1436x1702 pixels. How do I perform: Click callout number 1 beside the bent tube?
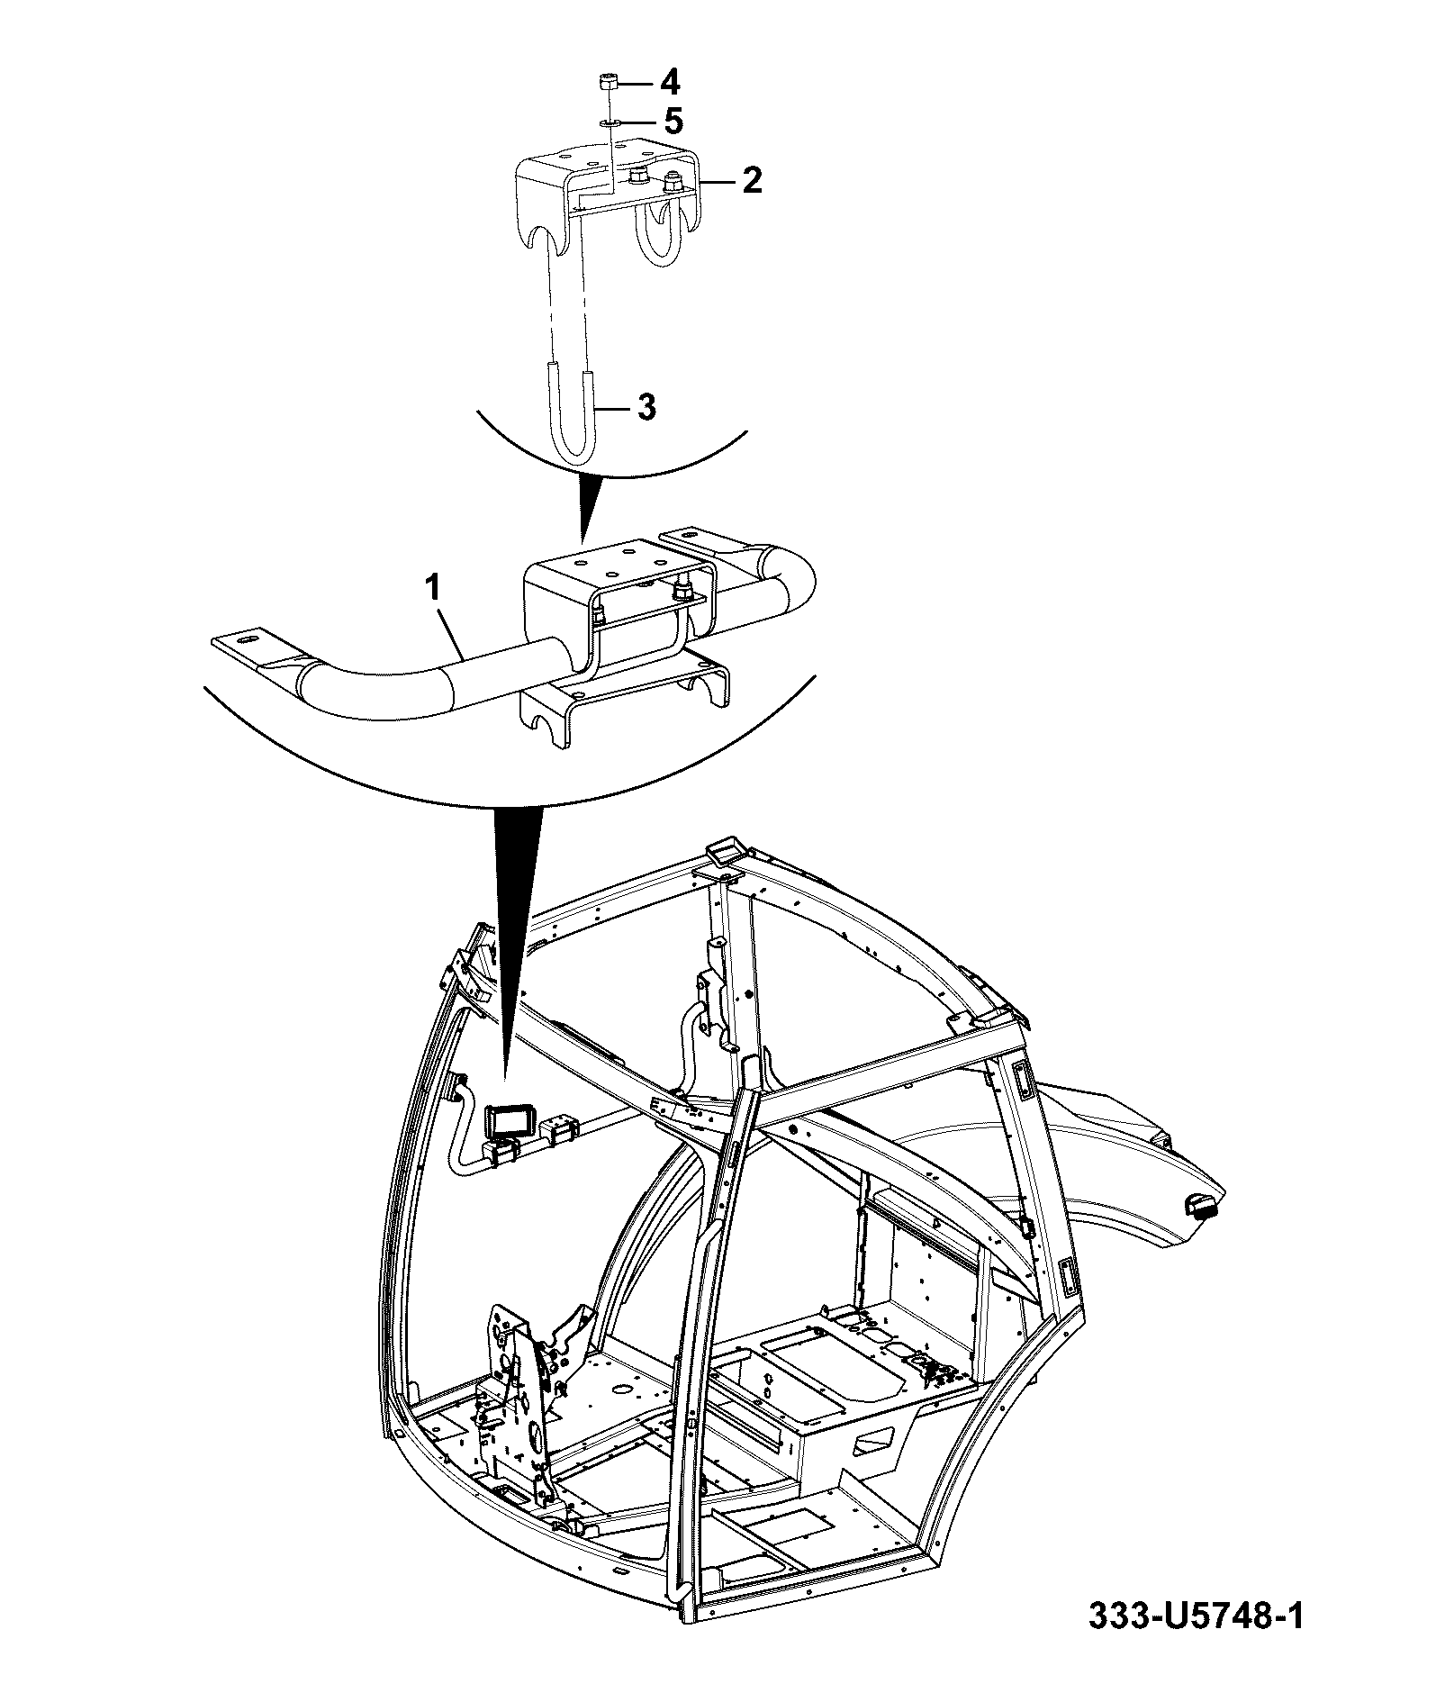(x=433, y=589)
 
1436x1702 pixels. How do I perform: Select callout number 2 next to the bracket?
(x=751, y=180)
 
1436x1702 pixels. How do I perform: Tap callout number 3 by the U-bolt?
(x=646, y=407)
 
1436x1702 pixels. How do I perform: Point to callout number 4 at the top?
(x=669, y=83)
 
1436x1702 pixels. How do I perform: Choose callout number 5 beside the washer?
(x=673, y=121)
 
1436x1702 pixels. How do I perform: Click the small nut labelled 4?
(x=608, y=84)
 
